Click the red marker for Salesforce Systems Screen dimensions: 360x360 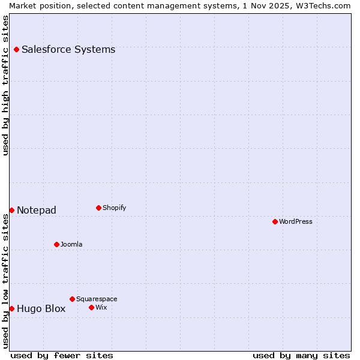16,49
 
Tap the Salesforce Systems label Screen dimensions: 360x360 68,49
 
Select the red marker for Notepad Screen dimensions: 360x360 11,210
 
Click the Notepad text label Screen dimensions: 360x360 37,210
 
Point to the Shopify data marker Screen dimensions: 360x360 98,208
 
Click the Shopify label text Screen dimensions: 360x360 114,208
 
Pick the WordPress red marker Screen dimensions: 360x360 275,221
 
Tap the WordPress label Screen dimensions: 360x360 296,221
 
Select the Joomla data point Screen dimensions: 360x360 56,244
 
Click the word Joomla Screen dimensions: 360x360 71,244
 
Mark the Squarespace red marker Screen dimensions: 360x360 72,299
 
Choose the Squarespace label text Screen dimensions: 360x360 97,299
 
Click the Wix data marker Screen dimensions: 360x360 91,307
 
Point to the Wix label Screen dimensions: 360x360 101,307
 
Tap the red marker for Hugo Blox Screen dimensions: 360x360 11,308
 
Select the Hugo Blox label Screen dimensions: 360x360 41,309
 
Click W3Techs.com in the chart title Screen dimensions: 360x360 326,5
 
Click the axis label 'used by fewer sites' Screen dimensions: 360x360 62,355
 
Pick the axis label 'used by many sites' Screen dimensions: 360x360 301,355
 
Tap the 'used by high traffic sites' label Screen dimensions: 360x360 5,85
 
